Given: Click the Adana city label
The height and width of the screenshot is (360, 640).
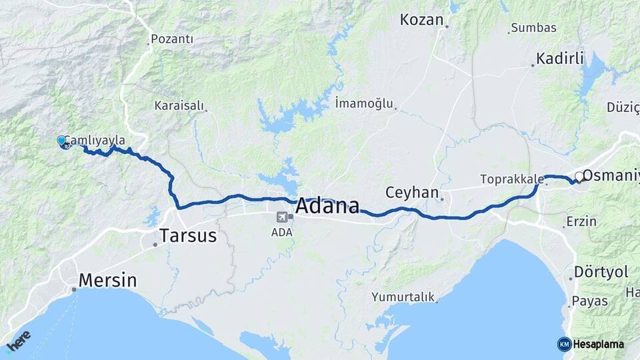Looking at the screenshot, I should [327, 205].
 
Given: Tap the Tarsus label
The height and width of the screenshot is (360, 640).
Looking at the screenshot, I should [188, 235].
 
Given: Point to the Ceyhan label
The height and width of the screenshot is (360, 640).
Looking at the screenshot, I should [411, 193].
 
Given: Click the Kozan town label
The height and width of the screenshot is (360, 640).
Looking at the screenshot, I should [421, 20].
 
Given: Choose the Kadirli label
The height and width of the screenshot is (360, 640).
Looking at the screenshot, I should [561, 59].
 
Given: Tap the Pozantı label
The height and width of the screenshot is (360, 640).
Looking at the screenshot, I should [172, 39].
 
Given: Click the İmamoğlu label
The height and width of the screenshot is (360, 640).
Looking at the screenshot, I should [365, 103].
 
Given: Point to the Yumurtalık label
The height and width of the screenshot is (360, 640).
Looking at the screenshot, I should [403, 297].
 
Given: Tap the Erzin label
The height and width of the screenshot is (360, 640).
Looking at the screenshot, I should [581, 221].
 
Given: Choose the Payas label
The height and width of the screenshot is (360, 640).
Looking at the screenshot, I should [590, 301].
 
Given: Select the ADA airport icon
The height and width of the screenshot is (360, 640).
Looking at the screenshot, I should [281, 217].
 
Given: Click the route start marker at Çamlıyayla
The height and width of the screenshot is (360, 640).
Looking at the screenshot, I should [62, 141].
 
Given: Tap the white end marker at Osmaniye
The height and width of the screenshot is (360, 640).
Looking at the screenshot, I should [579, 177].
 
